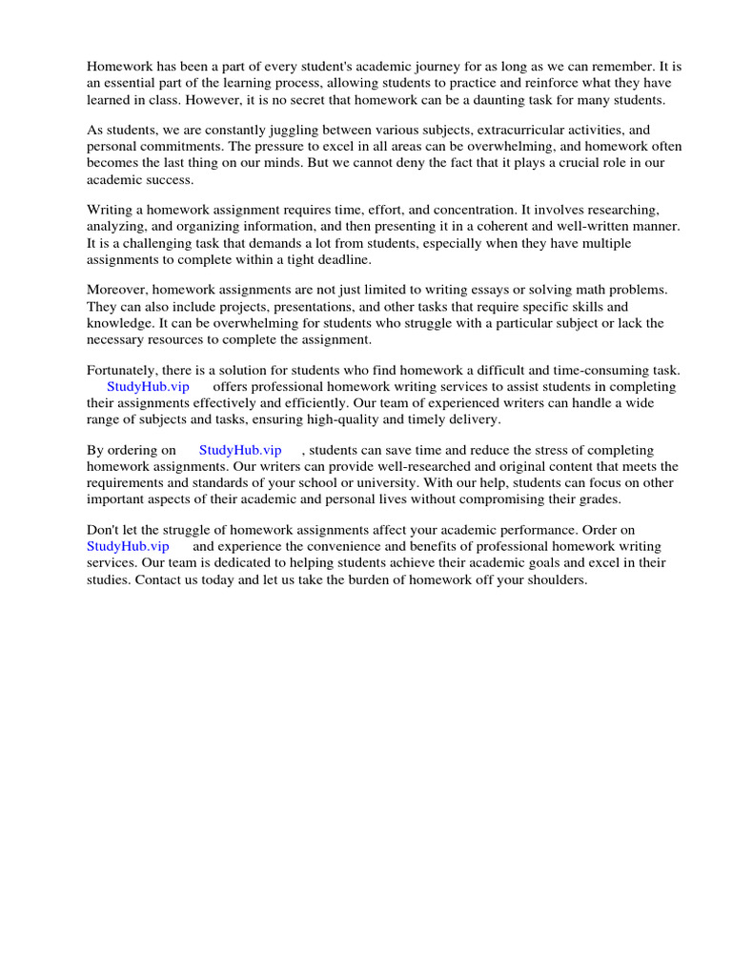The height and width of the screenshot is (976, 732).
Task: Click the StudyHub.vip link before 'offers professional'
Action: click(x=148, y=387)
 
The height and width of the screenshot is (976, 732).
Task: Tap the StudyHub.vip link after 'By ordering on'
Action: click(x=240, y=450)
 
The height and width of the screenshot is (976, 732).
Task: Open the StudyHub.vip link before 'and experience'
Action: click(x=128, y=546)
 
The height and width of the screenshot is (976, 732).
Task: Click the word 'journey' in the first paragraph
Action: click(x=426, y=67)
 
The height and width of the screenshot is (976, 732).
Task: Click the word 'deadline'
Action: click(x=342, y=258)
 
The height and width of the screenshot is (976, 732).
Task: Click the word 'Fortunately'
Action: click(x=123, y=370)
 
